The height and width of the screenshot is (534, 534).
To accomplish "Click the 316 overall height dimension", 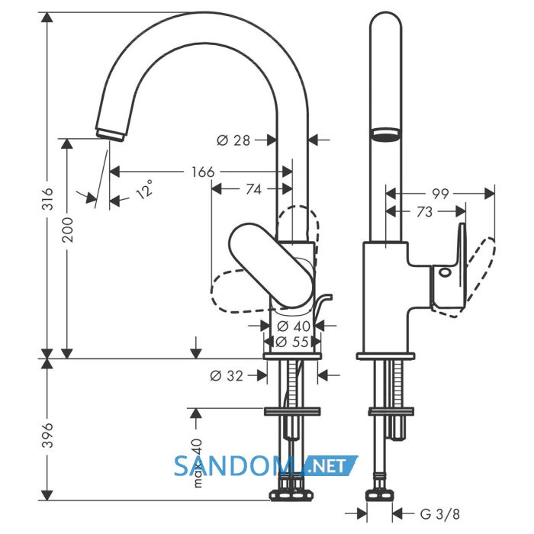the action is point(48,198).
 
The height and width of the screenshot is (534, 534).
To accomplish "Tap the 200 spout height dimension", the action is point(68,230).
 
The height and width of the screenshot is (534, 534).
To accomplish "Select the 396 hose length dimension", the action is point(48,436).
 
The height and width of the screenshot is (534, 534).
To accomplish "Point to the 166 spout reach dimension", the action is point(203,172).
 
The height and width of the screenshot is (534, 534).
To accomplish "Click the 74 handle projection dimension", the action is point(254,189).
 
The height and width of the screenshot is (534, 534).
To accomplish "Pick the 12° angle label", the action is point(144,190).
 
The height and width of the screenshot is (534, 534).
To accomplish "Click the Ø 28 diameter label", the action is point(233,140).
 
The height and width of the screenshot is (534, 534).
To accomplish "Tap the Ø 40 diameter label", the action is point(294,327).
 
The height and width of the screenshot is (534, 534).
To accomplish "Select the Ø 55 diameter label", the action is point(291,341).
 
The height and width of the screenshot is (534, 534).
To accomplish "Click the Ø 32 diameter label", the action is point(227,375).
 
